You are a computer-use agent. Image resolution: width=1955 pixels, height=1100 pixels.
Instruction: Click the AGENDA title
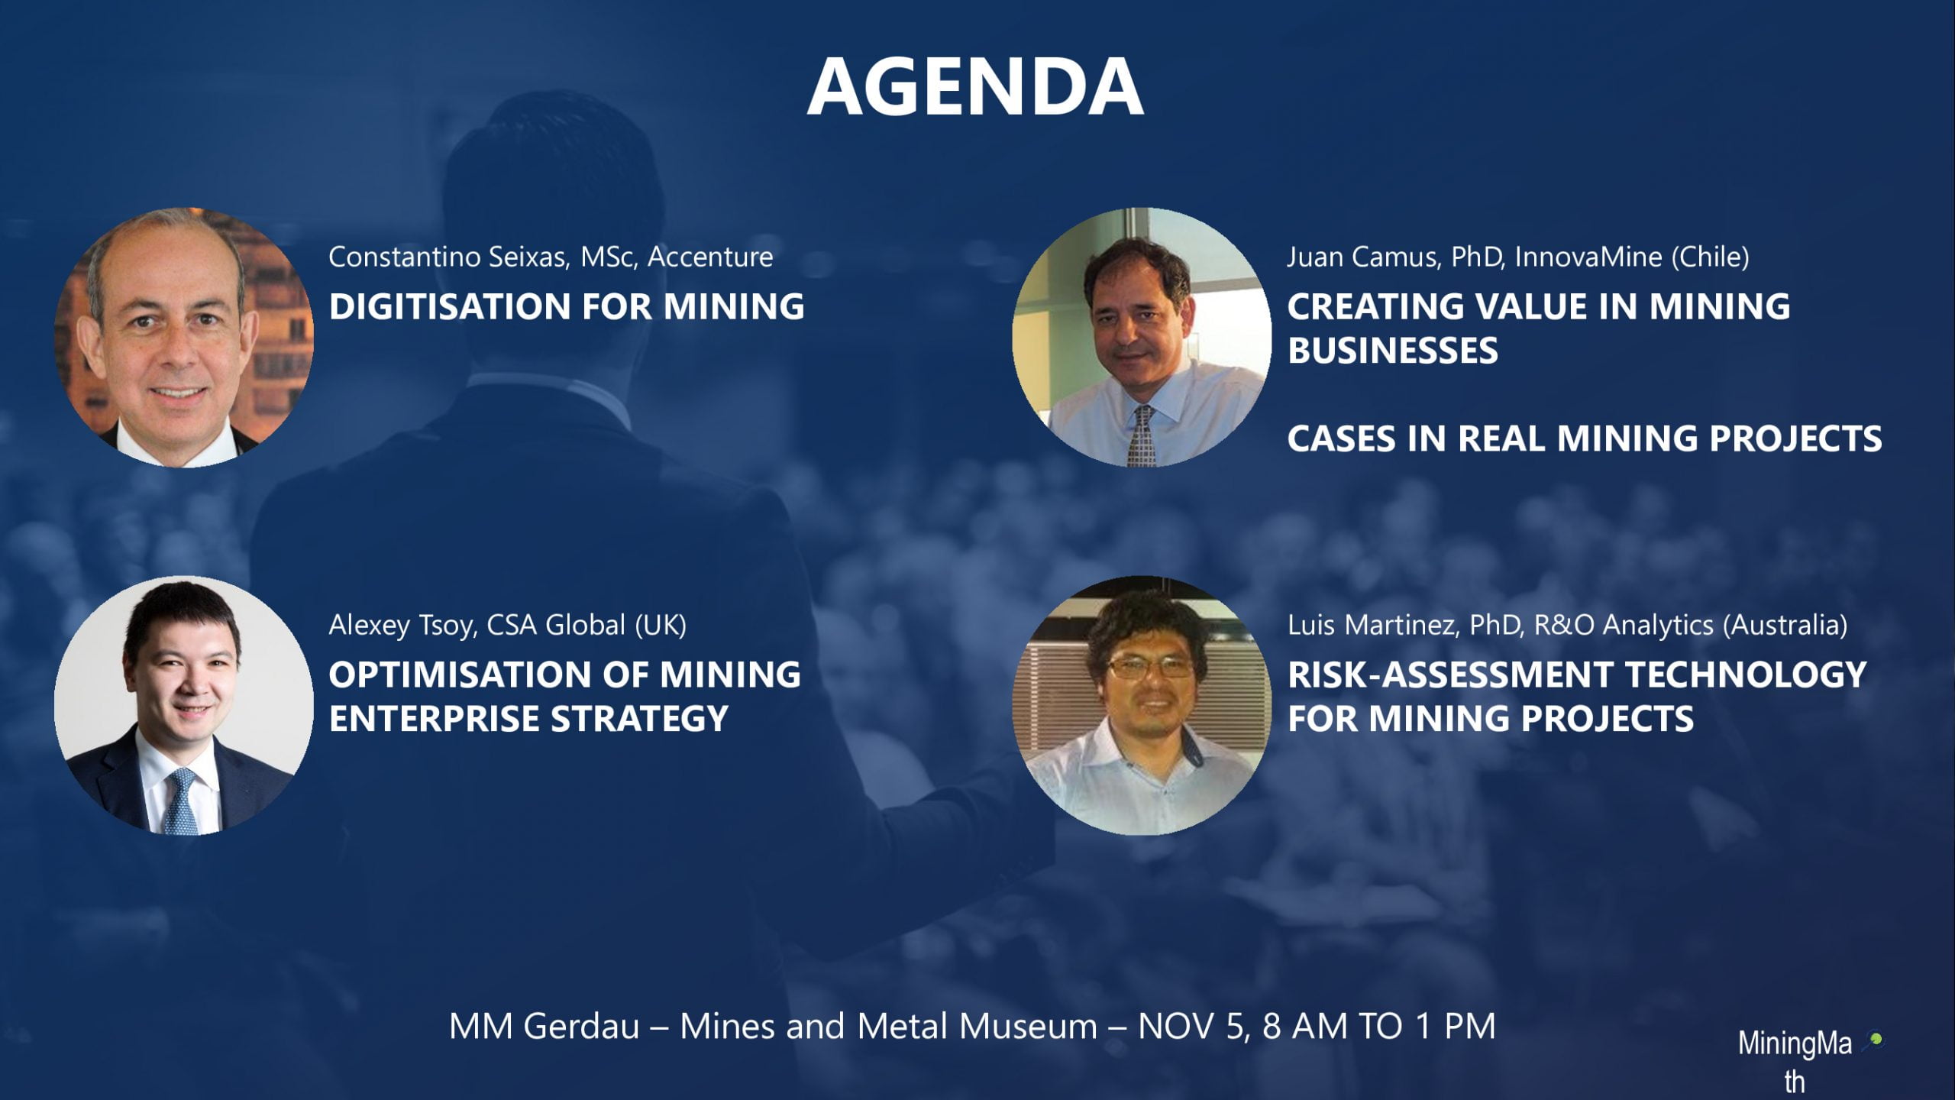(x=975, y=87)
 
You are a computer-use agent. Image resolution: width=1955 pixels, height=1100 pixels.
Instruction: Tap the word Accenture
(x=710, y=257)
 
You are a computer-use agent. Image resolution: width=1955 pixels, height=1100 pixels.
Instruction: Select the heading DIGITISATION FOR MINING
(x=567, y=306)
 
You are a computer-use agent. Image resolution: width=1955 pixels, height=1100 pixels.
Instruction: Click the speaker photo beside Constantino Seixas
(x=184, y=337)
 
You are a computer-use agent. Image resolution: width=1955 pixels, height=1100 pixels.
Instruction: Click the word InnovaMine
(x=1588, y=257)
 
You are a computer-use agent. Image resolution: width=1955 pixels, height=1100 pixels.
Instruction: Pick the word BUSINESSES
(x=1393, y=351)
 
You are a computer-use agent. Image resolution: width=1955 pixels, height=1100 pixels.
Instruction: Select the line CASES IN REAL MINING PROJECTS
(x=1585, y=438)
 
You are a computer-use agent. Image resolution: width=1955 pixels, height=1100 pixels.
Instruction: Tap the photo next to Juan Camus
(x=1142, y=337)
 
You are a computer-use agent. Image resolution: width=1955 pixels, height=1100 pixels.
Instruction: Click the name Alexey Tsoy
(x=402, y=626)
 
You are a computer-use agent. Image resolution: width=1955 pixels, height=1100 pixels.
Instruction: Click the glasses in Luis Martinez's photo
(x=1149, y=668)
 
